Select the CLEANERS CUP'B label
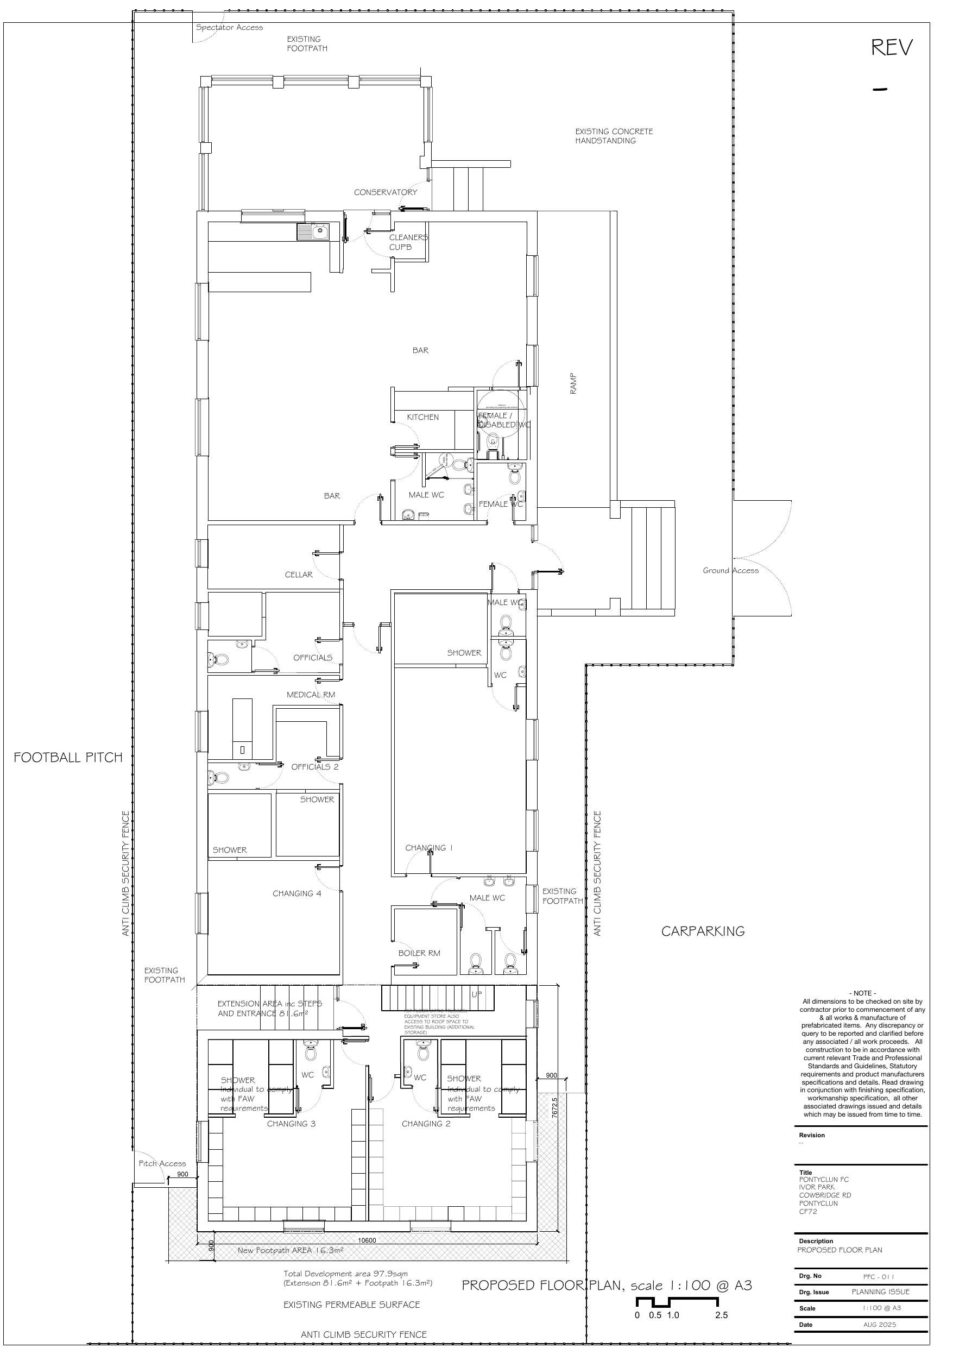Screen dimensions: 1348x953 (408, 242)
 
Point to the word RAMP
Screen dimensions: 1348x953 (573, 383)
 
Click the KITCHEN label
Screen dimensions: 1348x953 (423, 417)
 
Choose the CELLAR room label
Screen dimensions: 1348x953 (298, 574)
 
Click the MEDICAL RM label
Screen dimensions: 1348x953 (311, 695)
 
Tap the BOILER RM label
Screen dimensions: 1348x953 (419, 953)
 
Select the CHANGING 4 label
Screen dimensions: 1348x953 (296, 893)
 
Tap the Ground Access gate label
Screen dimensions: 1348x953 (730, 570)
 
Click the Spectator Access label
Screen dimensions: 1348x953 (230, 27)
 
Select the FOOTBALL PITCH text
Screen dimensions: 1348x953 (68, 758)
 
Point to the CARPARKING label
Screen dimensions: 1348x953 (703, 931)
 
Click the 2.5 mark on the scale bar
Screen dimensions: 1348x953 (721, 1315)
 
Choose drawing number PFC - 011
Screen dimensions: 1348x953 (879, 1276)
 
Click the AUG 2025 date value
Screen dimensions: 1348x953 (879, 1325)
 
